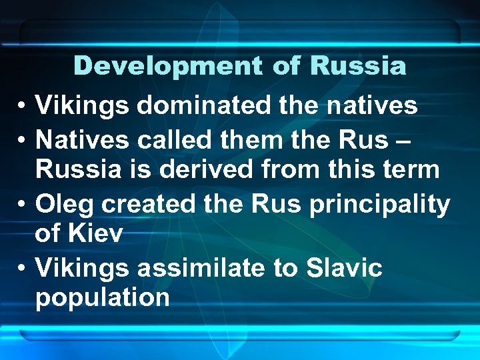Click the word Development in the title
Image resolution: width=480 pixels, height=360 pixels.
pos(167,66)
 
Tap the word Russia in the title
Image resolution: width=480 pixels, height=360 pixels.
pos(357,66)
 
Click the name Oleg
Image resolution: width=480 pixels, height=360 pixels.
pos(64,203)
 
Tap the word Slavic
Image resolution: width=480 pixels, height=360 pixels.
pos(343,267)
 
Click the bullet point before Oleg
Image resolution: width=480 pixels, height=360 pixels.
pos(22,204)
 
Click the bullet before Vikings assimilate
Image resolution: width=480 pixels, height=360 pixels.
pos(22,269)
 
